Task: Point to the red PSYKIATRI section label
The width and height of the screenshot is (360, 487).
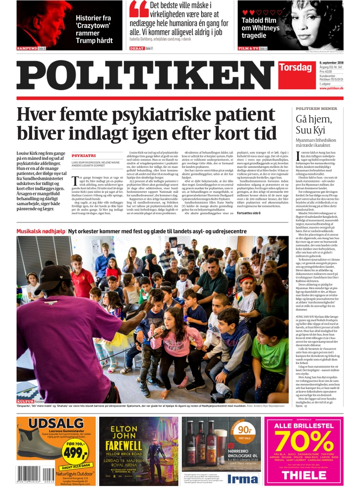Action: tap(84, 156)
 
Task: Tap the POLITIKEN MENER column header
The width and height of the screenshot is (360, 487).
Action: tap(316, 109)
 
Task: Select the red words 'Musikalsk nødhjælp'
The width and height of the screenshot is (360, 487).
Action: tap(41, 231)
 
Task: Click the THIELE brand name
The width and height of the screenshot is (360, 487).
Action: tap(304, 475)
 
